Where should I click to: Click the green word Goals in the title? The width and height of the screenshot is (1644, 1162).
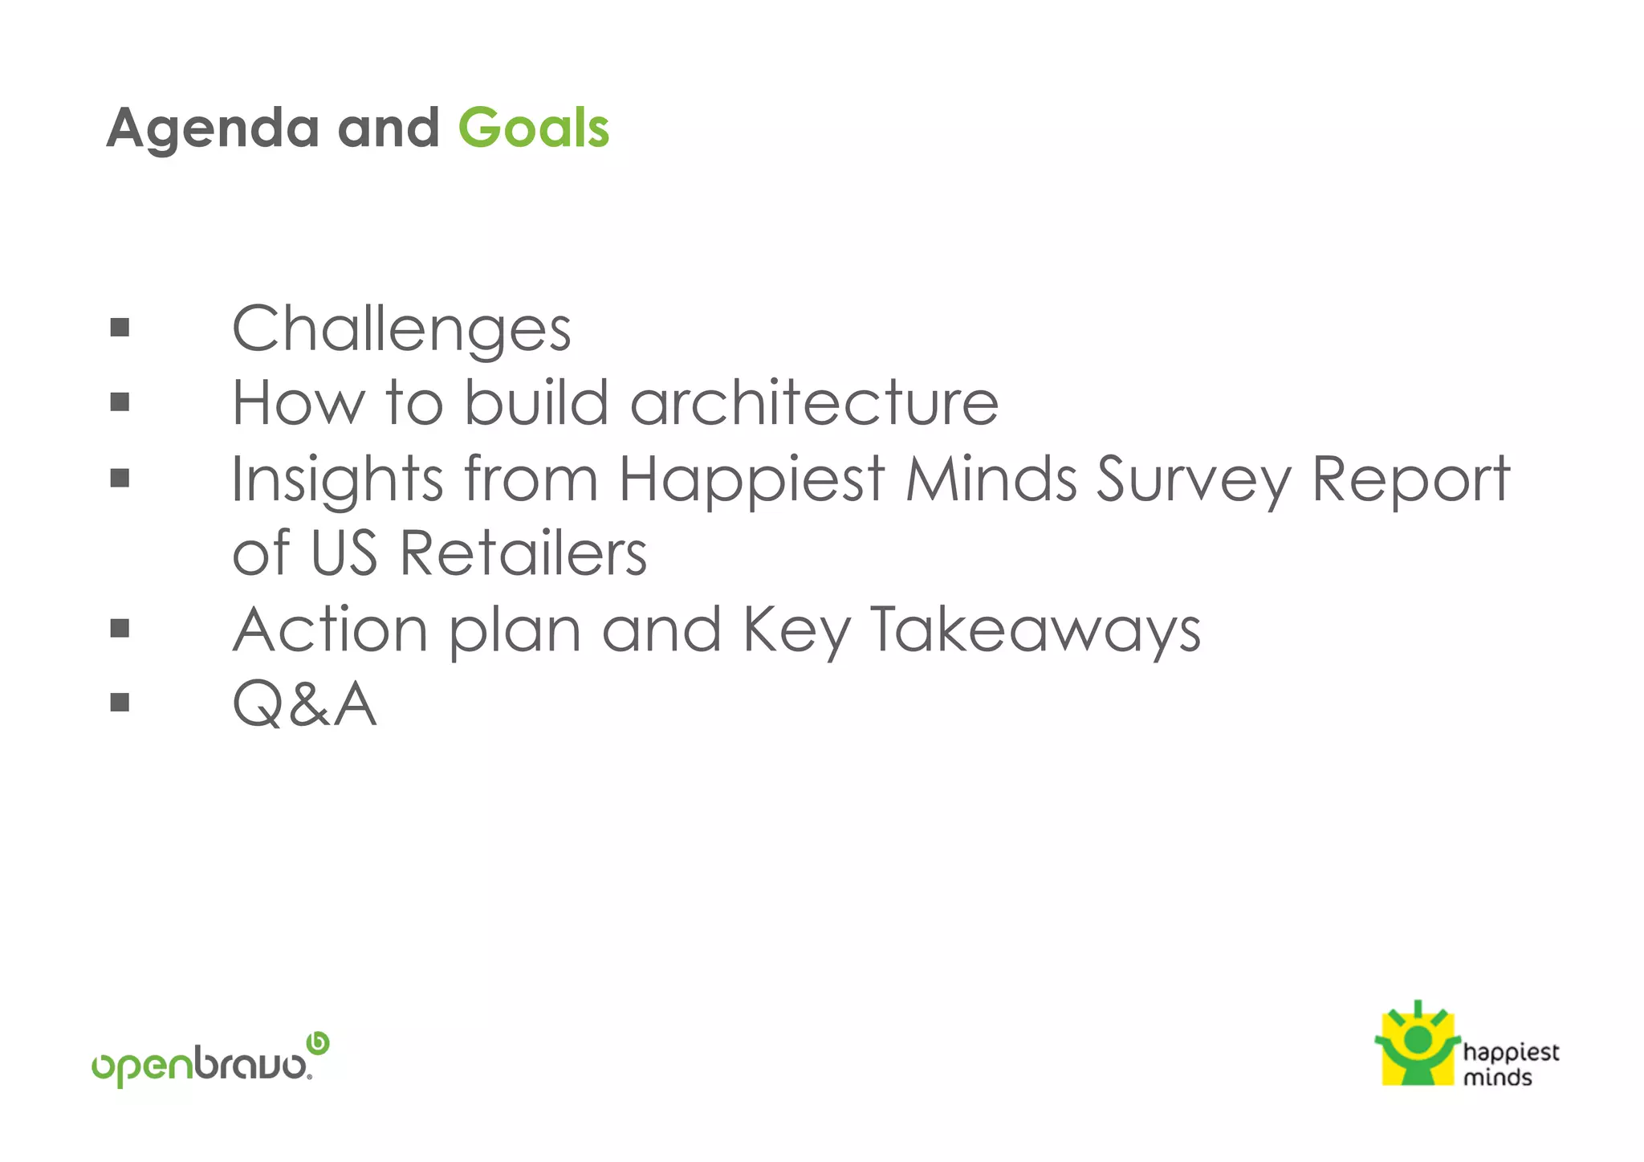[x=533, y=128]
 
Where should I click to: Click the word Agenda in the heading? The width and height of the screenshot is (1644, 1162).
[x=213, y=128]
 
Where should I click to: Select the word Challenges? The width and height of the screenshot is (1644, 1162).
[x=401, y=329]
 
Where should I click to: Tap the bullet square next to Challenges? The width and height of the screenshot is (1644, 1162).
[x=120, y=327]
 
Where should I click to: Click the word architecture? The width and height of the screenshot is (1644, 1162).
[x=814, y=402]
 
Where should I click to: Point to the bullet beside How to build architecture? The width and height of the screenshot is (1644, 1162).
[x=120, y=402]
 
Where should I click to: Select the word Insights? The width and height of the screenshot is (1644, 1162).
[x=337, y=479]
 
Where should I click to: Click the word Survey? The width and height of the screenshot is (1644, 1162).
[x=1193, y=479]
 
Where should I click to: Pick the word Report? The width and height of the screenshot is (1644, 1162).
[x=1410, y=479]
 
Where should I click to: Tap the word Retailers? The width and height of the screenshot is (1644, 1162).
[x=523, y=553]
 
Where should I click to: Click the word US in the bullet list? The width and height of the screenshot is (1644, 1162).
[x=344, y=553]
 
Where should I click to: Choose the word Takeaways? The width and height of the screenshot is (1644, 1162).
[x=1036, y=630]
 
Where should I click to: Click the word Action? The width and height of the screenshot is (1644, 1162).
[x=330, y=630]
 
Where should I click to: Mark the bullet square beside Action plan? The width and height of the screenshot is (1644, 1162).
[x=120, y=628]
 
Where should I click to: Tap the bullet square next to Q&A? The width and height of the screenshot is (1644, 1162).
[x=120, y=703]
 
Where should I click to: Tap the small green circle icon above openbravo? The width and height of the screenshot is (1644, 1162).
[x=319, y=1042]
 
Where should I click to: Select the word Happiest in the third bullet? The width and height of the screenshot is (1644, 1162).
[x=751, y=479]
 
